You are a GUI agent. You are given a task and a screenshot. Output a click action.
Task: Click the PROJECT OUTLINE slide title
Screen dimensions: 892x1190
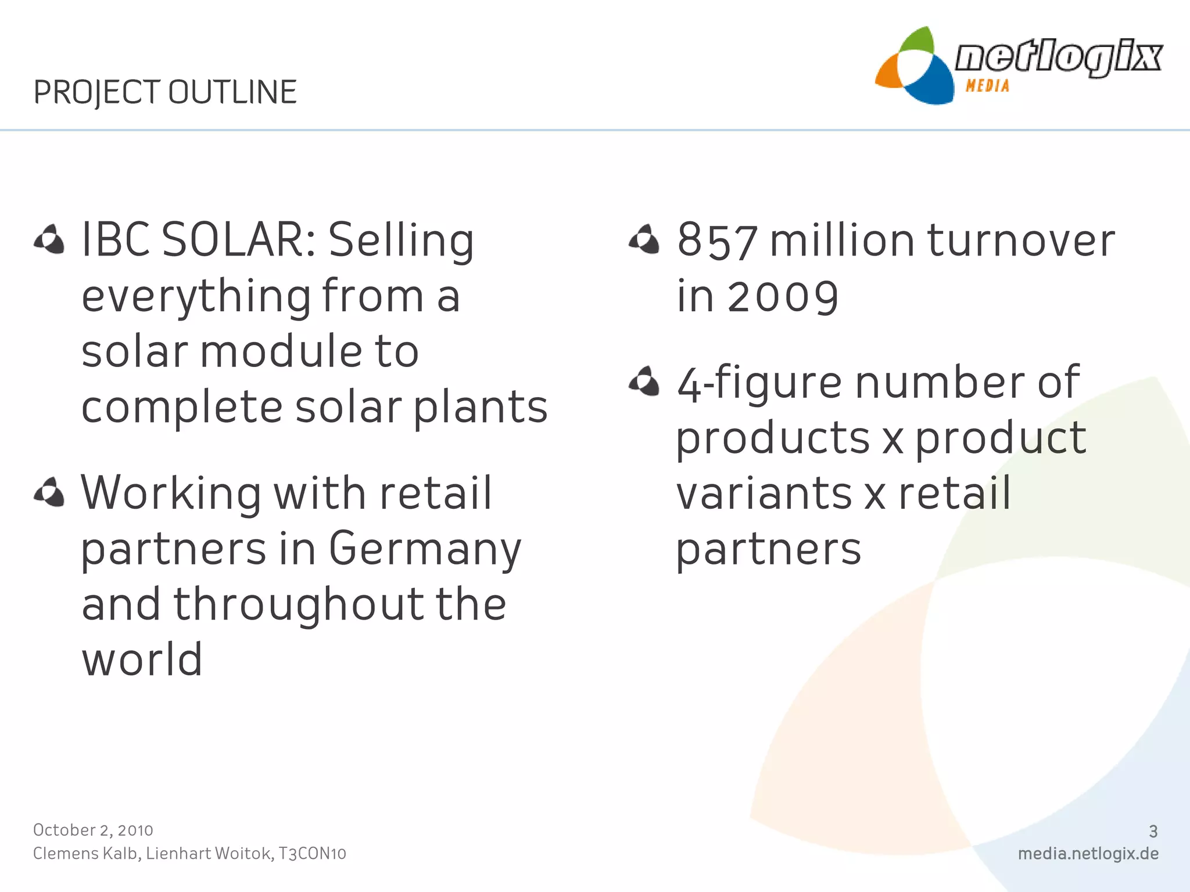(165, 92)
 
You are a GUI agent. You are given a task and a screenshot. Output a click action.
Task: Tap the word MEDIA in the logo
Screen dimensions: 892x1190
(987, 86)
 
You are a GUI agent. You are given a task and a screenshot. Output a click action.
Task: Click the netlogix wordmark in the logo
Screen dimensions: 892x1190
(1058, 57)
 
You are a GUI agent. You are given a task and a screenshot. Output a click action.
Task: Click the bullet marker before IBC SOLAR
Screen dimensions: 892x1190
(49, 239)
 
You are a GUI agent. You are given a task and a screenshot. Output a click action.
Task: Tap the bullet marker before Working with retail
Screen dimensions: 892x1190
(49, 492)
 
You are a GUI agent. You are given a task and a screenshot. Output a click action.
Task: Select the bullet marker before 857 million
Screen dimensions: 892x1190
(644, 239)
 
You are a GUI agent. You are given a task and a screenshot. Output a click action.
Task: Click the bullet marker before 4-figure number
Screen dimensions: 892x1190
(644, 382)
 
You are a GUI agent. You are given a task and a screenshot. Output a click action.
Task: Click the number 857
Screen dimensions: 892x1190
(718, 240)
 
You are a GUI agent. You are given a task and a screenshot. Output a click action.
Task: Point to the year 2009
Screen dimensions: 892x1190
(783, 297)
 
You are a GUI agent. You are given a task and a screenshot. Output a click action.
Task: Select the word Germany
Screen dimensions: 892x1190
(425, 549)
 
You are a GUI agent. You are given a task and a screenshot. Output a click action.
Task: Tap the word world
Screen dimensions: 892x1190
(142, 660)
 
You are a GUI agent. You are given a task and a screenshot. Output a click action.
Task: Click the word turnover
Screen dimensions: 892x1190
(1021, 240)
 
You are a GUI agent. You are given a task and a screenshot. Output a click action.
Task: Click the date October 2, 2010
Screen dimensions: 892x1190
(93, 830)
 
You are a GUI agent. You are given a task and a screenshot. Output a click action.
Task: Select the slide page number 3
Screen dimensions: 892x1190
(1153, 832)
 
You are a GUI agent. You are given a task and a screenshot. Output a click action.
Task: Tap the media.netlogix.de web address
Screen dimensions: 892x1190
(1088, 854)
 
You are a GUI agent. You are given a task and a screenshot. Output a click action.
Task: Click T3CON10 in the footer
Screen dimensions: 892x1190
(312, 854)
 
